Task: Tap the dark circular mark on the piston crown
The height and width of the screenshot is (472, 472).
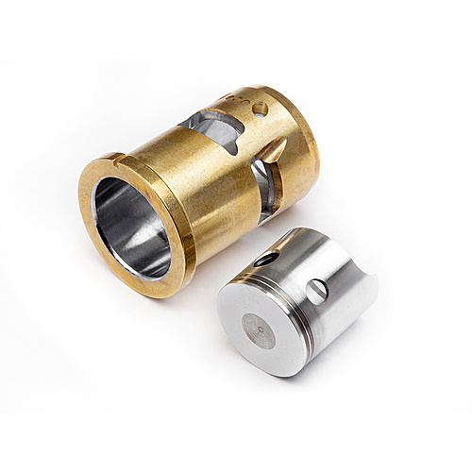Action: (257, 330)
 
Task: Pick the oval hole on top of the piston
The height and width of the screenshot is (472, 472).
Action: (267, 258)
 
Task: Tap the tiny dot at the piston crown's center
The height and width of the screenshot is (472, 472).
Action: (257, 330)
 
